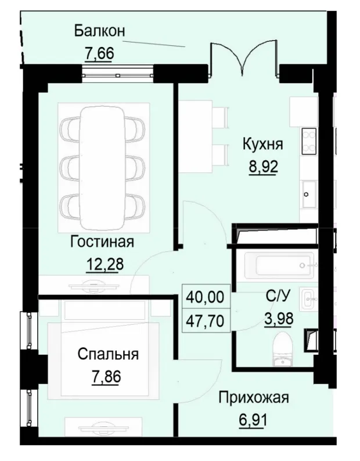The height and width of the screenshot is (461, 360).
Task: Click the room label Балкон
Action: [x=100, y=31]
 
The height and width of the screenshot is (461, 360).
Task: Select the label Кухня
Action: [x=262, y=144]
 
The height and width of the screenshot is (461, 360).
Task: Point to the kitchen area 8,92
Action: [x=262, y=167]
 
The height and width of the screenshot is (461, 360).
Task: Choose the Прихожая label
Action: [x=254, y=398]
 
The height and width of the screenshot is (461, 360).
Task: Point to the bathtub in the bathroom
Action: [x=279, y=265]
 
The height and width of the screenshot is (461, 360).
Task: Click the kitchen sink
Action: [x=308, y=190]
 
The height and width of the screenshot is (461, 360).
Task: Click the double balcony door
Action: [x=243, y=61]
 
